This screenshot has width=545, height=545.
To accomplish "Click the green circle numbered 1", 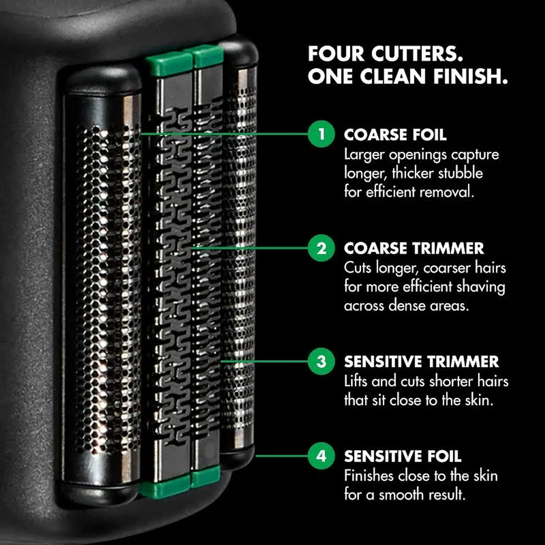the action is point(321,134).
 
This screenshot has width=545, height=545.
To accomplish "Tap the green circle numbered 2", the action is point(321,248).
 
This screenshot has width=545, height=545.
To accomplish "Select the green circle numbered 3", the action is point(321,361).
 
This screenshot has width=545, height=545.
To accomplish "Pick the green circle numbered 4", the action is point(321,456).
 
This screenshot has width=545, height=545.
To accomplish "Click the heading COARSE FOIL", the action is point(395,134).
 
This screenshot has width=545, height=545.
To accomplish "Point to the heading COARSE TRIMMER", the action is point(414,248).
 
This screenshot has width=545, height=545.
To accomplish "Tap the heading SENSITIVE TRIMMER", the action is point(421,362).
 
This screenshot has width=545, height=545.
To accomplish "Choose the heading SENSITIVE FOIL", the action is point(403,456).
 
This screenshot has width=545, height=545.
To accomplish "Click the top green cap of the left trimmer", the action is point(168,64).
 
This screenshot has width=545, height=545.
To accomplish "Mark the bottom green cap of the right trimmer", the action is point(206,476).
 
